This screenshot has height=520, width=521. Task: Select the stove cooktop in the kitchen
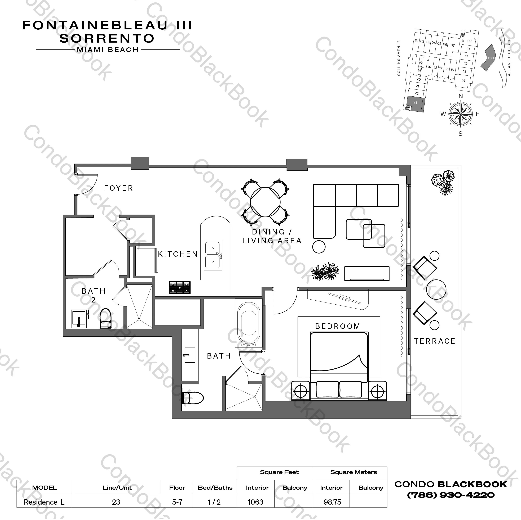coord(180,287)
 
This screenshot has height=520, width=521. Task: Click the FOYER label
coord(119,188)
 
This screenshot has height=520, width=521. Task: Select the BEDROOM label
coord(338,326)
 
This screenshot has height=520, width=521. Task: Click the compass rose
coord(461,114)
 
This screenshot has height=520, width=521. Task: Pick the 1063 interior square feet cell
coord(255,502)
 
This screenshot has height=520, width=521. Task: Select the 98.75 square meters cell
coord(332,502)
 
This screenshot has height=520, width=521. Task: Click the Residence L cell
coord(44,502)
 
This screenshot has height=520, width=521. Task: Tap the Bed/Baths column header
coord(215,487)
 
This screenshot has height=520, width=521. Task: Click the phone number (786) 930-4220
coord(451,495)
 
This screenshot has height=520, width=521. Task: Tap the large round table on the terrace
coord(436,289)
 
